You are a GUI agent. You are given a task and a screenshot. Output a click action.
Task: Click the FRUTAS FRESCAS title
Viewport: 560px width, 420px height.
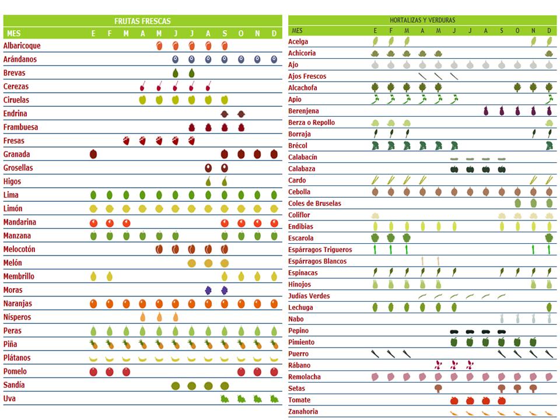[x=142, y=21]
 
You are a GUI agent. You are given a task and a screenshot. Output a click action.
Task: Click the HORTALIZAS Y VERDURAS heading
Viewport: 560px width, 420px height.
[x=422, y=20]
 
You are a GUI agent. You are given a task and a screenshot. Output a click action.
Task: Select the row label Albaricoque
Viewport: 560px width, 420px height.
[x=22, y=45]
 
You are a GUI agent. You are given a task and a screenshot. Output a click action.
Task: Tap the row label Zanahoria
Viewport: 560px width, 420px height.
[x=303, y=412]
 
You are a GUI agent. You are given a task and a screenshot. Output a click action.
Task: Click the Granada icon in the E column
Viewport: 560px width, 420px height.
[x=93, y=155]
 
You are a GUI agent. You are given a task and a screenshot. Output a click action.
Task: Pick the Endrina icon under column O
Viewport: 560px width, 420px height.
[x=241, y=114]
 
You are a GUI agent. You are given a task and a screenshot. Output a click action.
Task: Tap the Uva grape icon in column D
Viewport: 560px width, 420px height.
[x=274, y=399]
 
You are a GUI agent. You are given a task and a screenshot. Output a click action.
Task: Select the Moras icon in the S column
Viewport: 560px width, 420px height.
[x=225, y=290]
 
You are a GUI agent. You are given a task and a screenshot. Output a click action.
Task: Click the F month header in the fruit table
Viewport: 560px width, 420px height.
[x=110, y=34]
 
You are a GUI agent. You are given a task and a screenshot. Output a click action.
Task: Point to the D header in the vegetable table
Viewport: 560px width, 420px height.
[x=549, y=30]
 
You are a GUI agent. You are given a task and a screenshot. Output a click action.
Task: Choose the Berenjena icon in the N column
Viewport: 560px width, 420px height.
[x=533, y=111]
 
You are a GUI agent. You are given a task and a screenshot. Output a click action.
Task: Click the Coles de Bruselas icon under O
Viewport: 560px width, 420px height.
[x=517, y=204]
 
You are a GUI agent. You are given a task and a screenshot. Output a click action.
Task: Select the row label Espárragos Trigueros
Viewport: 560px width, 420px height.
[x=320, y=250]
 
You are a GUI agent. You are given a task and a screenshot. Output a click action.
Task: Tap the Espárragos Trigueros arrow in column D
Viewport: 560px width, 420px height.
[x=549, y=250]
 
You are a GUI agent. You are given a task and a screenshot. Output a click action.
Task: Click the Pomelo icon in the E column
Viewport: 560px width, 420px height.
[x=93, y=372]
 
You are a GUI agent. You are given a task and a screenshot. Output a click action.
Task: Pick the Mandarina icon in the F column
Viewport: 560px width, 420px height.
[x=110, y=222]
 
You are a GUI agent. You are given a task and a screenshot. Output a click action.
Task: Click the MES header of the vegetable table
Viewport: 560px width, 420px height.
[x=297, y=30]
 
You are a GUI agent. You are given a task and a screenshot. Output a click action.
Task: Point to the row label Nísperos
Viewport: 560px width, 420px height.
[x=17, y=317]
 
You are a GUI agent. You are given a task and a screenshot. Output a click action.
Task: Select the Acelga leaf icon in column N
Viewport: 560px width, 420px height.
[x=533, y=41]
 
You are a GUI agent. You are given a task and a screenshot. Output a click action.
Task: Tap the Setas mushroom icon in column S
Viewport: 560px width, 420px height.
[x=502, y=388]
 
